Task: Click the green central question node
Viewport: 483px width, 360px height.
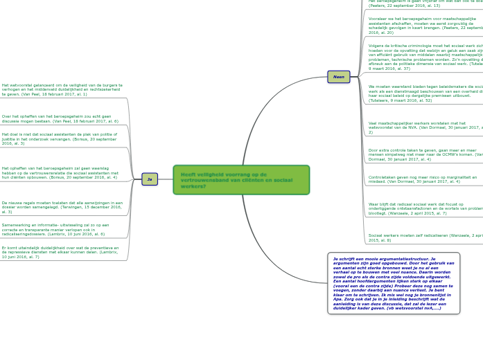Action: (241, 180)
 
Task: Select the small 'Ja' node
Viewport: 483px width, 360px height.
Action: (150, 179)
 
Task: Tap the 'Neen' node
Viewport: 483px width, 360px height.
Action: (338, 77)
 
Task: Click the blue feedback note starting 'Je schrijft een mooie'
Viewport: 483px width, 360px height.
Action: (393, 282)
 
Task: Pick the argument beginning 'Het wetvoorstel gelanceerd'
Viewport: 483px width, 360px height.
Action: (62, 89)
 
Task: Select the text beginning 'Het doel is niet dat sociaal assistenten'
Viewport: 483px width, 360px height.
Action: (60, 138)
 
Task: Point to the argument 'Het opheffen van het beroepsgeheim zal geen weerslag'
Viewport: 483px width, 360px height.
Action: (60, 172)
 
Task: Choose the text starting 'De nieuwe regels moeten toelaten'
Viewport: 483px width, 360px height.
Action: (62, 207)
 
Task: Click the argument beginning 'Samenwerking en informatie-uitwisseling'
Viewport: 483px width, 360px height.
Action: (55, 229)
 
